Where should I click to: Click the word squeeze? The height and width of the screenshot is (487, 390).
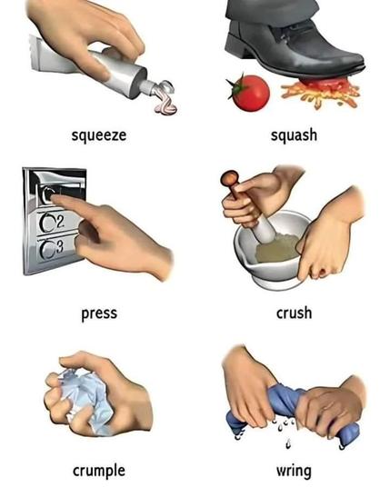(99, 135)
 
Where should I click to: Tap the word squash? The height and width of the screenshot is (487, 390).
(294, 135)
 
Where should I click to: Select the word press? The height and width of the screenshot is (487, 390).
(99, 313)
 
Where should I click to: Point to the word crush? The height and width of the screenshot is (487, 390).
(294, 313)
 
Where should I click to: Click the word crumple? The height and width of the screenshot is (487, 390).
(99, 471)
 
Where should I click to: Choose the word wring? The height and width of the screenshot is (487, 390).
(294, 471)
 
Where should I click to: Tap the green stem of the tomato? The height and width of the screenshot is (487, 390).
(236, 85)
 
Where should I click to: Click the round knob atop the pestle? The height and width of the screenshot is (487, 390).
(229, 178)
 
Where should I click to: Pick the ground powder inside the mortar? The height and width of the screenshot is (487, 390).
(277, 248)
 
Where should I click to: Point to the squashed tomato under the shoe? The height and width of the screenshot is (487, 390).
(320, 90)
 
